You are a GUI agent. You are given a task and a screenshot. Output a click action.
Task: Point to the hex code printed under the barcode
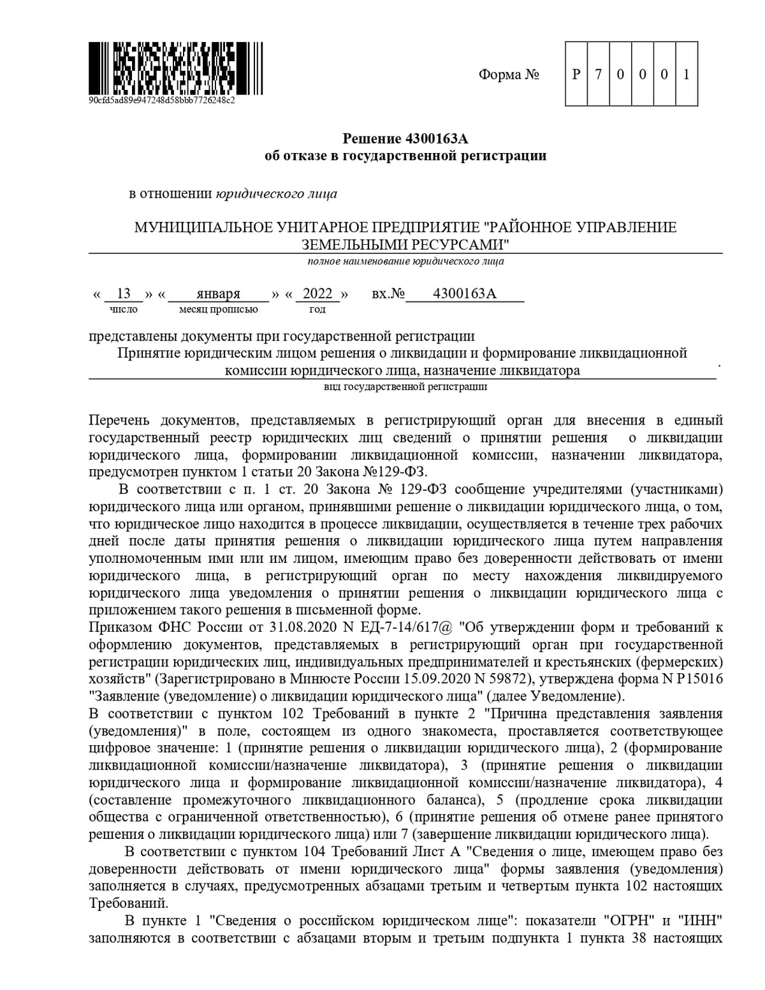pyautogui.click(x=162, y=100)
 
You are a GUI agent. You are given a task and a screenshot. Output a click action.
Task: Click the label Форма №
pyautogui.click(x=509, y=75)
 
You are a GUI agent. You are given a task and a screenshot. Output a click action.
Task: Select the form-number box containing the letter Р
pyautogui.click(x=576, y=74)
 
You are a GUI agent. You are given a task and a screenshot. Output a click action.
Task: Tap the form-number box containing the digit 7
pyautogui.click(x=598, y=74)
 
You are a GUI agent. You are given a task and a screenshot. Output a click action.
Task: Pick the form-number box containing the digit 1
pyautogui.click(x=687, y=74)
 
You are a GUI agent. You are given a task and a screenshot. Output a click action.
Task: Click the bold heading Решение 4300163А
pyautogui.click(x=405, y=138)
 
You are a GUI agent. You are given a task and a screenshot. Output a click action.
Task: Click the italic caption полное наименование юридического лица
pyautogui.click(x=405, y=261)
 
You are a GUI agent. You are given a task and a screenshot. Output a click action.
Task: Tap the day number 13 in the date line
pyautogui.click(x=124, y=293)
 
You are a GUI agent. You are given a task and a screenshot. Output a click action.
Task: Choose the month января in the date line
pyautogui.click(x=218, y=294)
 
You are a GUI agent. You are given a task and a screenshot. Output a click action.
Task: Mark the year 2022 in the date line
pyautogui.click(x=317, y=293)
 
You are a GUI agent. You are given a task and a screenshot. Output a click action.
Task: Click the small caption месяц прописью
pyautogui.click(x=219, y=309)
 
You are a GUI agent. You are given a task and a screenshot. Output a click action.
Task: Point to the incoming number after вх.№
pyautogui.click(x=464, y=293)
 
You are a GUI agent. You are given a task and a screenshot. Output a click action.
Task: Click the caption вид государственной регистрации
pyautogui.click(x=405, y=386)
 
